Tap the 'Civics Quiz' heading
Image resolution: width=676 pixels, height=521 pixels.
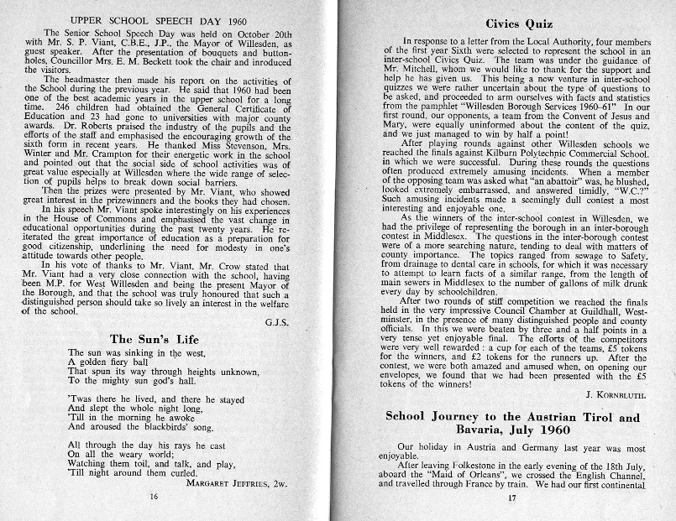pyautogui.click(x=501, y=25)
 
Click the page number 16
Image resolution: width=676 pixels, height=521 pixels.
pyautogui.click(x=154, y=497)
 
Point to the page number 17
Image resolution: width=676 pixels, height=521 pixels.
pyautogui.click(x=511, y=497)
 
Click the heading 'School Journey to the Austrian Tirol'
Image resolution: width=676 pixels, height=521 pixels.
pyautogui.click(x=511, y=417)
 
